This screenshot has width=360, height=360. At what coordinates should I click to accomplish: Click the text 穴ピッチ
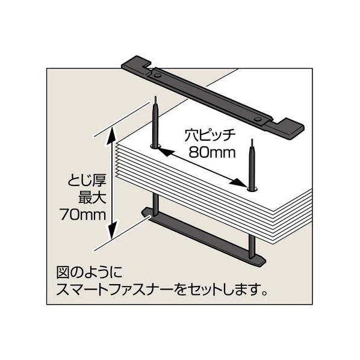(x=210, y=136)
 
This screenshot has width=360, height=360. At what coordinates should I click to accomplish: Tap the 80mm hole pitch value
(x=212, y=152)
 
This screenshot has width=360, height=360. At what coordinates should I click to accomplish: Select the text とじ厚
(x=87, y=181)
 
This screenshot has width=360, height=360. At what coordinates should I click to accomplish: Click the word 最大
(x=92, y=197)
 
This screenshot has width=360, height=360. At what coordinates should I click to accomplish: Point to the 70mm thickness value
(x=82, y=215)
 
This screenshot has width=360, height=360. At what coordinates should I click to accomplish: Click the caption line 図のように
(x=90, y=273)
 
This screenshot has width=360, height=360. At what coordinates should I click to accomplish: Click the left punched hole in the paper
(x=156, y=146)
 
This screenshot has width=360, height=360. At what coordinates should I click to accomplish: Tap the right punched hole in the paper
(x=252, y=189)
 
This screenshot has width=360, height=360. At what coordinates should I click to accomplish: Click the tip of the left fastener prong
(x=155, y=97)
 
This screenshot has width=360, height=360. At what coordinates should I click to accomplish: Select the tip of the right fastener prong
(x=252, y=139)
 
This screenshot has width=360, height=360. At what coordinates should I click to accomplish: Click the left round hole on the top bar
(x=158, y=75)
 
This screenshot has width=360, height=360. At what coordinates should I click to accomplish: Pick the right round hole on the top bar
(x=258, y=119)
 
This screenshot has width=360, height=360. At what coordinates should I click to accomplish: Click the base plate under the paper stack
(x=203, y=238)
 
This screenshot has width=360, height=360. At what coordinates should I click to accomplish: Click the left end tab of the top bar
(x=135, y=63)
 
